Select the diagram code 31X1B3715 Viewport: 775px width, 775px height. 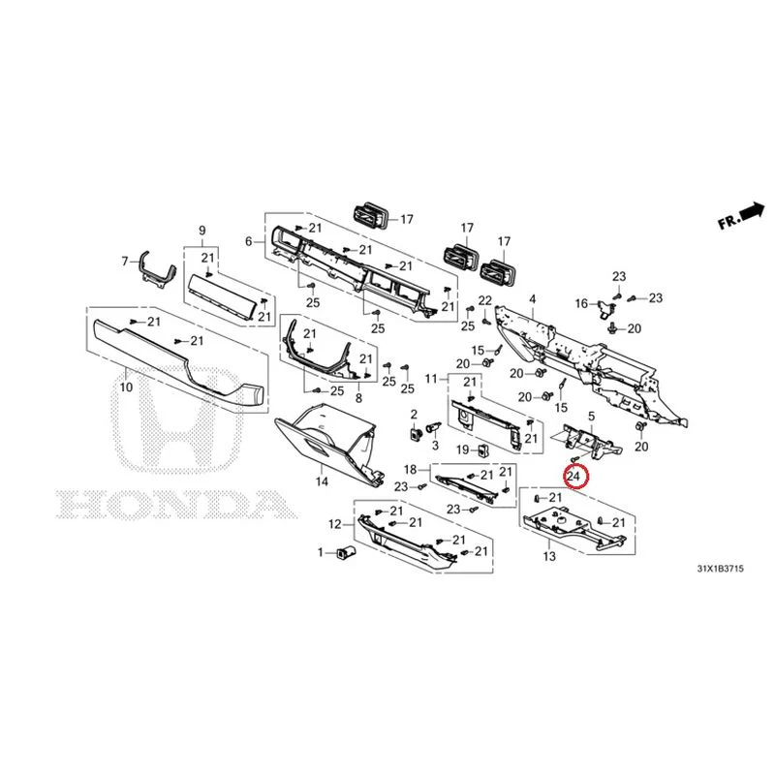(720, 569)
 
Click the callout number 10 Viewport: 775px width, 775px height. (127, 387)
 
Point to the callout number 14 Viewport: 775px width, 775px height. (322, 480)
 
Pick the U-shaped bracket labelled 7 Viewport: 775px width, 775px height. (158, 269)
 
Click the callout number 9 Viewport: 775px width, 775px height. (202, 231)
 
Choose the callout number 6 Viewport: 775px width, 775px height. (249, 241)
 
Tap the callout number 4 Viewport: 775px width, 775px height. (532, 299)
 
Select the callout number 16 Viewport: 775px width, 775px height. (582, 303)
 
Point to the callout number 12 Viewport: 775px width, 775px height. (335, 524)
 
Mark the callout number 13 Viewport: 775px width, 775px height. (549, 556)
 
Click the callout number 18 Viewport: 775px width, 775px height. (411, 469)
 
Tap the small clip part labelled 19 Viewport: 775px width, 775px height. (481, 449)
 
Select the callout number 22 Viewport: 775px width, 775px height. (485, 300)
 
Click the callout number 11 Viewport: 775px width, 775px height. (431, 379)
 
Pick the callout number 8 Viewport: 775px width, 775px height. (358, 398)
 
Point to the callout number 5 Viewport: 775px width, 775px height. (591, 418)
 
